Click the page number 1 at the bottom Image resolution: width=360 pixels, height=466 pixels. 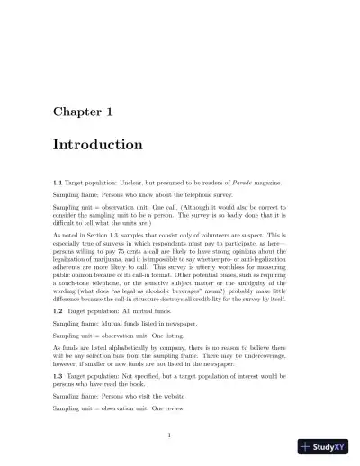[x=169, y=435]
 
